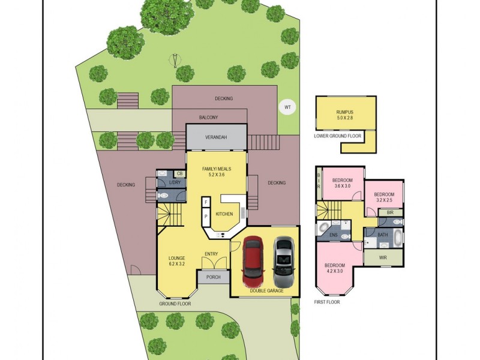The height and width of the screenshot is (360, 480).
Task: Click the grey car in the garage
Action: (284, 262)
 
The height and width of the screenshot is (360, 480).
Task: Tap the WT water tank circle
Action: (287, 108)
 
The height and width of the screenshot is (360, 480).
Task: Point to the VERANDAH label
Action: (216, 137)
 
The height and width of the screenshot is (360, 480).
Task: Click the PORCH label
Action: (213, 277)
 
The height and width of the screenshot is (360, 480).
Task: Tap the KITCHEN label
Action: (224, 214)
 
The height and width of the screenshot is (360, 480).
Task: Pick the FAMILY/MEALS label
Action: (216, 172)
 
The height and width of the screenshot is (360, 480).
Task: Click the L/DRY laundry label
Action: (175, 182)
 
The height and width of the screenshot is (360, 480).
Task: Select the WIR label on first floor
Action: (383, 257)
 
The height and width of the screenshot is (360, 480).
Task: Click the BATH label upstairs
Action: (383, 235)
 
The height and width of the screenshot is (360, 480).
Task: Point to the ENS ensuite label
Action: (334, 235)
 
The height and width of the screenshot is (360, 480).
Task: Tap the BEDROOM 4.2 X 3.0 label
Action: (335, 268)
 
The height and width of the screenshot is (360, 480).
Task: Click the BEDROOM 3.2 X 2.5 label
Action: (384, 197)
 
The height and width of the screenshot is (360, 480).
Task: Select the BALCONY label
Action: (208, 118)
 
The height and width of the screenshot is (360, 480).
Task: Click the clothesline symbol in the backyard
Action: (175, 60)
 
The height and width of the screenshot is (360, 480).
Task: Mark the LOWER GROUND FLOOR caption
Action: (338, 136)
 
